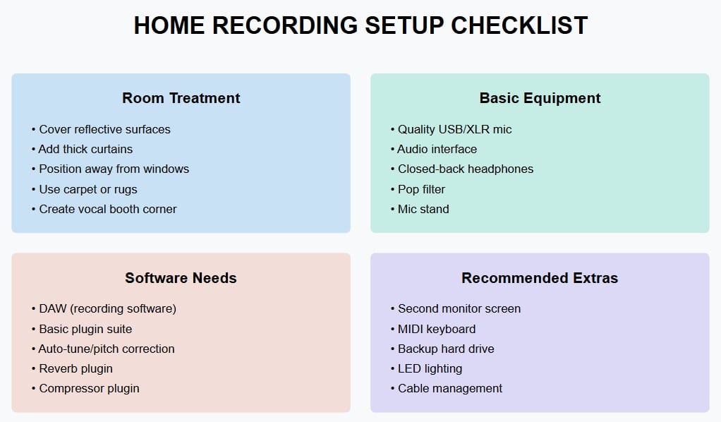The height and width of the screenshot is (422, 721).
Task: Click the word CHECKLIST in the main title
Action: coord(519,25)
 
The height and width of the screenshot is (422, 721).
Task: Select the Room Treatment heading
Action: coord(181,98)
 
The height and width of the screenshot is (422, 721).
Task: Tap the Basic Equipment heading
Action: coord(540,98)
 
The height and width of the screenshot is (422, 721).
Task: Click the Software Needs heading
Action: coord(181,278)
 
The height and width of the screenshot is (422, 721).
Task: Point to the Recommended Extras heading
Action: coord(540,278)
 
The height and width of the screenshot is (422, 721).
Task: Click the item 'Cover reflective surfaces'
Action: coord(104,129)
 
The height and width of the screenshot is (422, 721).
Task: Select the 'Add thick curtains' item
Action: coord(85,149)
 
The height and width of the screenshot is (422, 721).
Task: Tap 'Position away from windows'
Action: coord(114,169)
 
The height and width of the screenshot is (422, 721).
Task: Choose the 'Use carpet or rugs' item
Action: coord(87,189)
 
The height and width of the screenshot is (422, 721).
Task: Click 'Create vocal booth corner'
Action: coord(107,209)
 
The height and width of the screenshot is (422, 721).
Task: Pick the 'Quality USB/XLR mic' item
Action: coord(454,129)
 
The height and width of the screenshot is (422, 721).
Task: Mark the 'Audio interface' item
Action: coord(437,149)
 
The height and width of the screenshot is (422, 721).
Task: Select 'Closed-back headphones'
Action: coord(465,169)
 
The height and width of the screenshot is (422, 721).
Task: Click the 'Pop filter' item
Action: coord(421,189)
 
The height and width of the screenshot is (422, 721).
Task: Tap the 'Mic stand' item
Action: coord(423,209)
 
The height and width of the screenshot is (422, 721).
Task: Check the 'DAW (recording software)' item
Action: coord(107,308)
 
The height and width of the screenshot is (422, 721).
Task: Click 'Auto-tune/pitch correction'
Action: coord(106,349)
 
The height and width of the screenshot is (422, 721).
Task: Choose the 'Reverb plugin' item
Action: coord(75,368)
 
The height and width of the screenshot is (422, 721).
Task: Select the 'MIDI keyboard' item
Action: coord(437,329)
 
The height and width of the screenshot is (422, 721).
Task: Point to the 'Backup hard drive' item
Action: coord(446,349)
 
